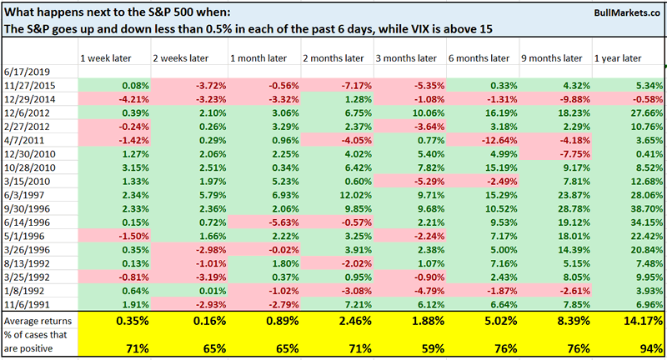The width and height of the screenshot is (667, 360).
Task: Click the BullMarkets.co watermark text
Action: [618, 13]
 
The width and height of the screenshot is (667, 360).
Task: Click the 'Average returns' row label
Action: [38, 320]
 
